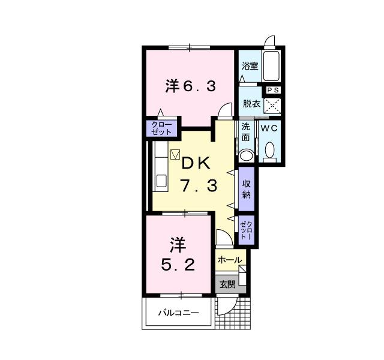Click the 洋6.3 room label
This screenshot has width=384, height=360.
(x=190, y=86)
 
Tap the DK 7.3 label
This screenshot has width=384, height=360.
(x=195, y=173)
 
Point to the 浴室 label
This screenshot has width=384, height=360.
(x=250, y=66)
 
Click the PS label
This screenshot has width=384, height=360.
(x=273, y=90)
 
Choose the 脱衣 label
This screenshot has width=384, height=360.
(x=251, y=104)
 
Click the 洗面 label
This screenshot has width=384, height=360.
(x=246, y=132)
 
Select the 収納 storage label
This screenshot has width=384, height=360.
(x=246, y=189)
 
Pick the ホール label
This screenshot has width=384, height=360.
(x=229, y=260)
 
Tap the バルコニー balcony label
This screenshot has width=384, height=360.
(x=178, y=313)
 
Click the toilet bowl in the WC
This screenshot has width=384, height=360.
(x=269, y=150)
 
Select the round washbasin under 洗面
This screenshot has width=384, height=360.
(x=246, y=154)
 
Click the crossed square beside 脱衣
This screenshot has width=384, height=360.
(x=273, y=105)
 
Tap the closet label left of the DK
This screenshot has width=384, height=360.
(x=161, y=128)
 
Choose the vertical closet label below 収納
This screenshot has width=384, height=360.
(x=246, y=230)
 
